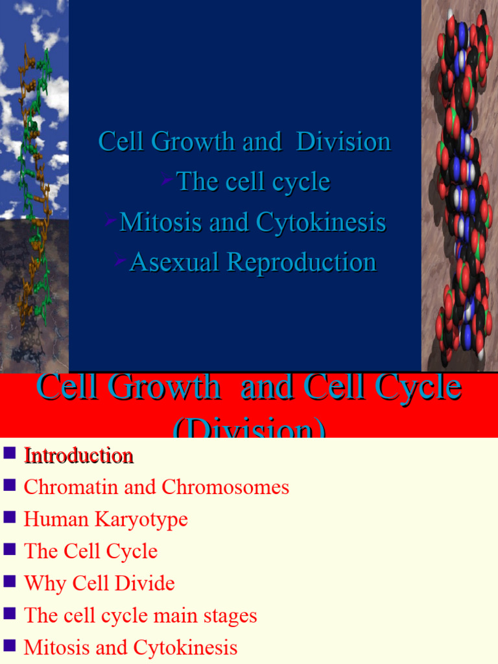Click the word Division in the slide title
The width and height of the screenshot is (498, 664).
[x=343, y=142]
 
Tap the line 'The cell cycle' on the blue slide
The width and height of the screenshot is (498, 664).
[x=253, y=182]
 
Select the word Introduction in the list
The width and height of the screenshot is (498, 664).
[x=78, y=456]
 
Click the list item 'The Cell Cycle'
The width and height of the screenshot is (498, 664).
[x=91, y=551]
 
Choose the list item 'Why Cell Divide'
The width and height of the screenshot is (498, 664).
[x=99, y=583]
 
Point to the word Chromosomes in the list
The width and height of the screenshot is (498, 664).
[x=226, y=488]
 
